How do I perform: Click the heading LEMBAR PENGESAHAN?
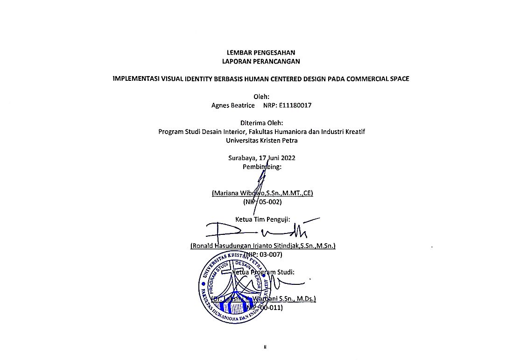click(x=261, y=52)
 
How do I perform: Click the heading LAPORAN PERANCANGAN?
click(x=261, y=61)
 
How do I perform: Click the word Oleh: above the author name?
click(x=261, y=97)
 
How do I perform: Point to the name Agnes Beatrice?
click(x=233, y=106)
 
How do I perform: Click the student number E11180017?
click(x=295, y=106)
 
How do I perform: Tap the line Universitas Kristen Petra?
click(x=261, y=140)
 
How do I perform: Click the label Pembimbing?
click(x=262, y=167)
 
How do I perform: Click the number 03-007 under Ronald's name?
click(x=271, y=254)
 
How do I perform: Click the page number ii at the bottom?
click(x=264, y=347)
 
